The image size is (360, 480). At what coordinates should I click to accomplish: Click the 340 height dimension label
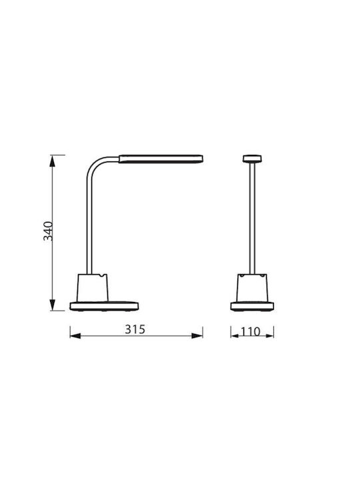click(48, 231)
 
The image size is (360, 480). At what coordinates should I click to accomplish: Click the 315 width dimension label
click(135, 329)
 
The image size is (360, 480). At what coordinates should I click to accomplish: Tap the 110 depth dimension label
click(251, 331)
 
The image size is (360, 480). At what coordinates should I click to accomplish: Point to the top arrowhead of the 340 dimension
click(53, 161)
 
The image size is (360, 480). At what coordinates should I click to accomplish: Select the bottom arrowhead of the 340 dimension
click(53, 305)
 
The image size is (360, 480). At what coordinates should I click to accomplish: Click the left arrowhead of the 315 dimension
click(75, 336)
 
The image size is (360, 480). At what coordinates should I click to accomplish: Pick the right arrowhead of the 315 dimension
click(197, 336)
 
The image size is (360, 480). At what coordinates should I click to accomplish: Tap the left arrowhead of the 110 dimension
click(235, 336)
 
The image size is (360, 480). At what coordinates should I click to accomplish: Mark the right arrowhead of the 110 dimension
click(270, 336)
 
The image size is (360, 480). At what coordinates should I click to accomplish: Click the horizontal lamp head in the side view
click(161, 159)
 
